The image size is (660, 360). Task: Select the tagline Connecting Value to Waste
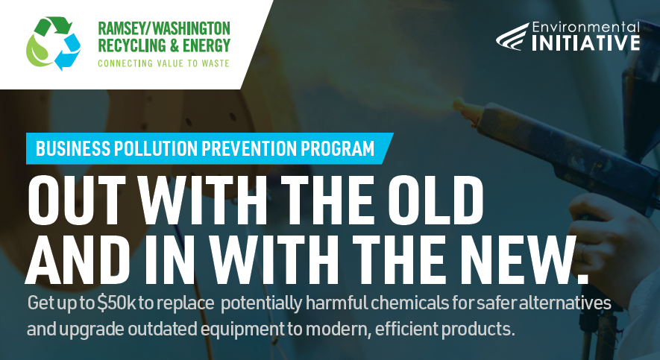click(164, 63)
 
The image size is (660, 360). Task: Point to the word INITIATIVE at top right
click(585, 42)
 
